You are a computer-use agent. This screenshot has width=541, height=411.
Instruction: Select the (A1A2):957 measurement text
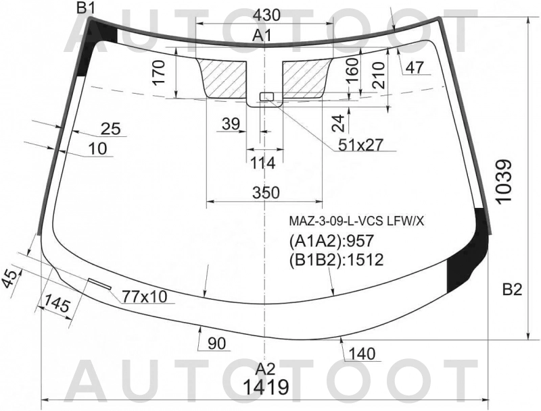click(331, 240)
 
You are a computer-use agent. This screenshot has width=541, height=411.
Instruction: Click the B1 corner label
click(86, 8)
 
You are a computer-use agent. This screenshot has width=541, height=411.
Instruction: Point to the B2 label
click(513, 291)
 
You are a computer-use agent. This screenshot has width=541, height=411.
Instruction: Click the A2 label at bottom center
click(265, 368)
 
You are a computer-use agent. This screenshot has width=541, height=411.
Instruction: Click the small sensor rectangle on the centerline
click(266, 97)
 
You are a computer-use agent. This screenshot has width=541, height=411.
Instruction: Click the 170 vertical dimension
click(158, 73)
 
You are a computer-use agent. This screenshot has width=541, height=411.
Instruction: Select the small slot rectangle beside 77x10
click(99, 283)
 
